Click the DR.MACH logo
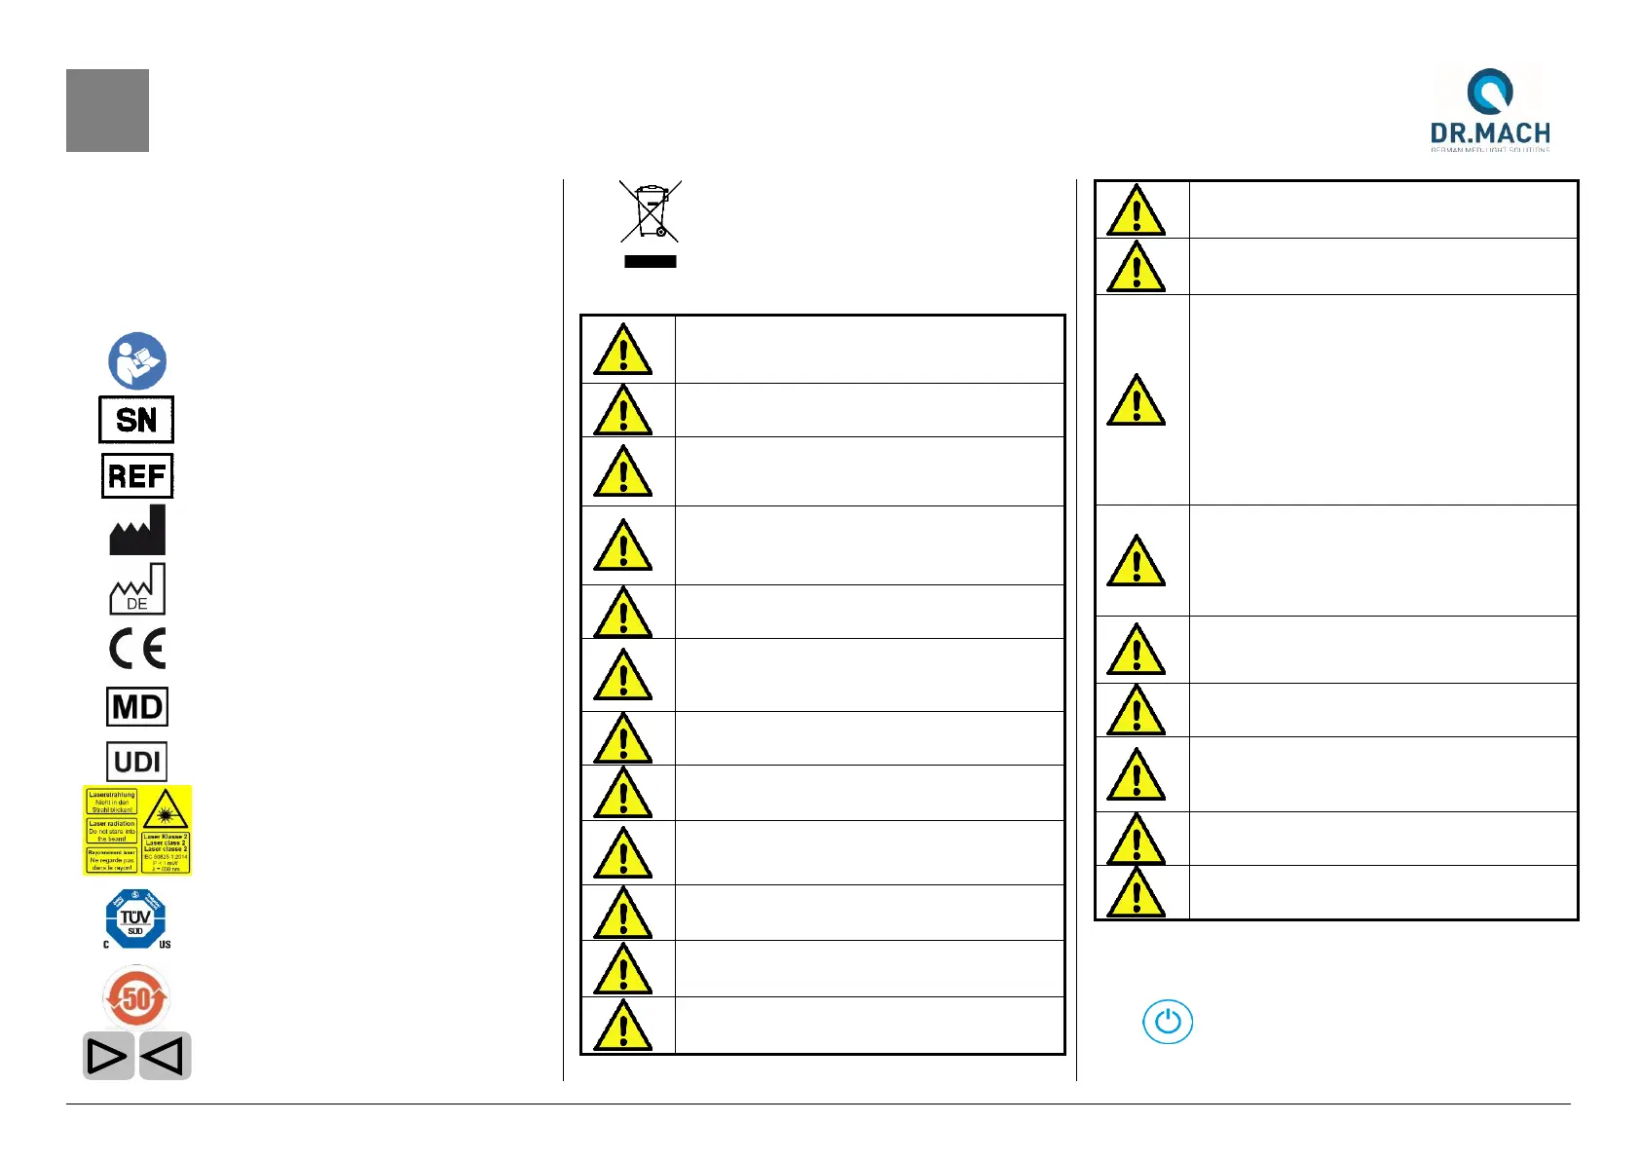click(x=1489, y=109)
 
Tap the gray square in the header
click(x=107, y=110)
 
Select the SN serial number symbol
click(x=136, y=420)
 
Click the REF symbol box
click(x=137, y=475)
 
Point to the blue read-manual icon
click(x=137, y=360)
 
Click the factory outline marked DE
click(x=137, y=590)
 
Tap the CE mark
click(x=137, y=649)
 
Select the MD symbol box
click(x=137, y=706)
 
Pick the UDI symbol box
click(x=136, y=762)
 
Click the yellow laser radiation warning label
click(x=136, y=830)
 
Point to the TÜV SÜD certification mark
click(x=135, y=918)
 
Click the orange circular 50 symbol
click(x=136, y=997)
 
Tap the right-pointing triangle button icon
click(x=107, y=1056)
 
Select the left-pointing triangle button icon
click(x=166, y=1056)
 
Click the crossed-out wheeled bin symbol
click(x=651, y=211)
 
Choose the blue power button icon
click(x=1167, y=1022)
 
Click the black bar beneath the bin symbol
click(x=651, y=261)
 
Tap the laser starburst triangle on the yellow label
click(x=166, y=808)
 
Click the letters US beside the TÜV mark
click(x=165, y=945)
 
